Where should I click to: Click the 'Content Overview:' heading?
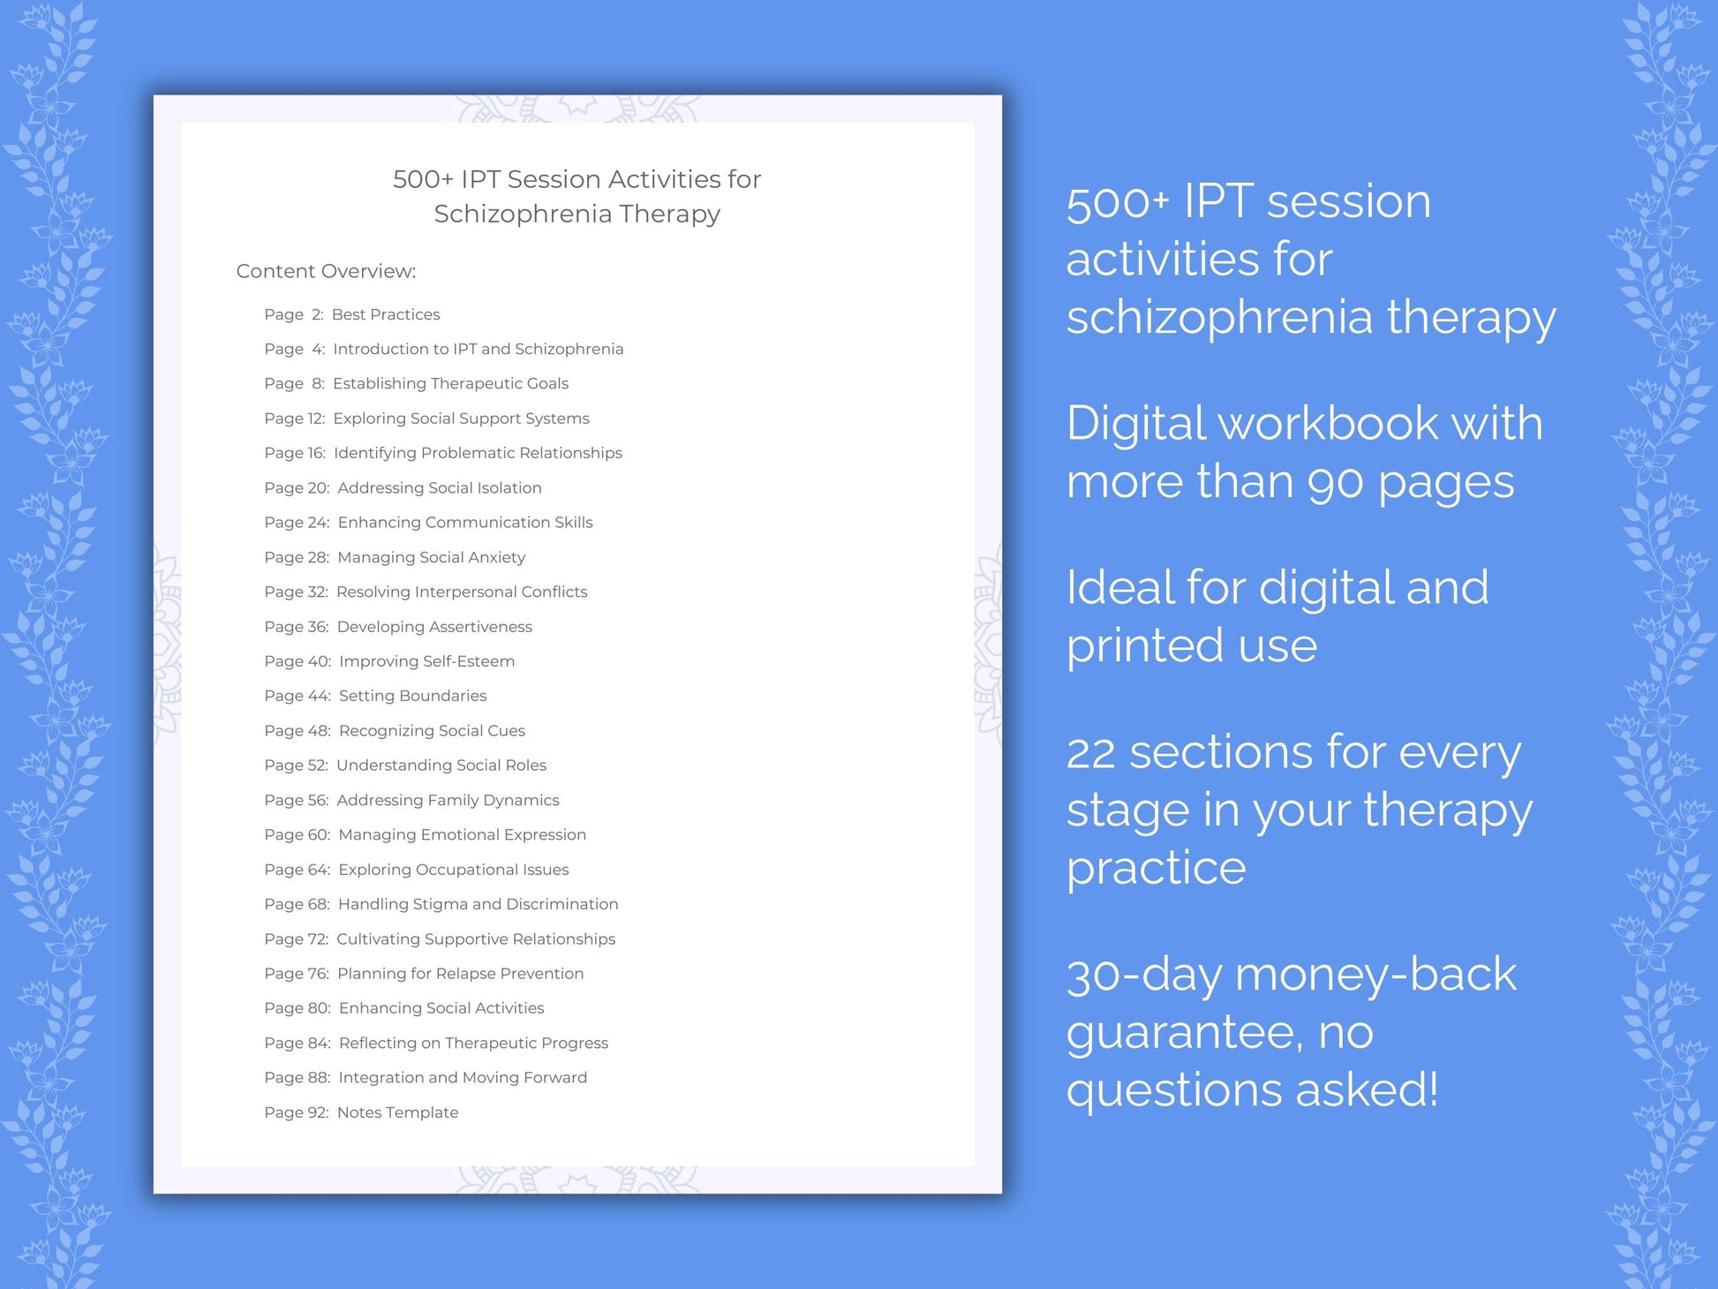[326, 271]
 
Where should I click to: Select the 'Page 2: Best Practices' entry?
[351, 314]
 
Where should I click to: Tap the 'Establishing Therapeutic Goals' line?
[450, 383]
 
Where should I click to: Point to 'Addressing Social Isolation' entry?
[440, 487]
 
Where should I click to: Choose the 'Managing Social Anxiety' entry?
[431, 557]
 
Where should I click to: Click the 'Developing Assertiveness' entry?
[434, 627]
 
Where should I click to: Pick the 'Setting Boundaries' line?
[412, 696]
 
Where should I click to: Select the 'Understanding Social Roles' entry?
[441, 765]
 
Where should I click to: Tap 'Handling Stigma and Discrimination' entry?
[478, 904]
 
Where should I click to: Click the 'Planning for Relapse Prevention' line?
[460, 974]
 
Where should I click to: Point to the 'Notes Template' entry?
[397, 1112]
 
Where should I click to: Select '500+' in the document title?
[423, 179]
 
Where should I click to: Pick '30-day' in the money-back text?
[1143, 976]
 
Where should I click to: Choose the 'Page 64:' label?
[297, 870]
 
